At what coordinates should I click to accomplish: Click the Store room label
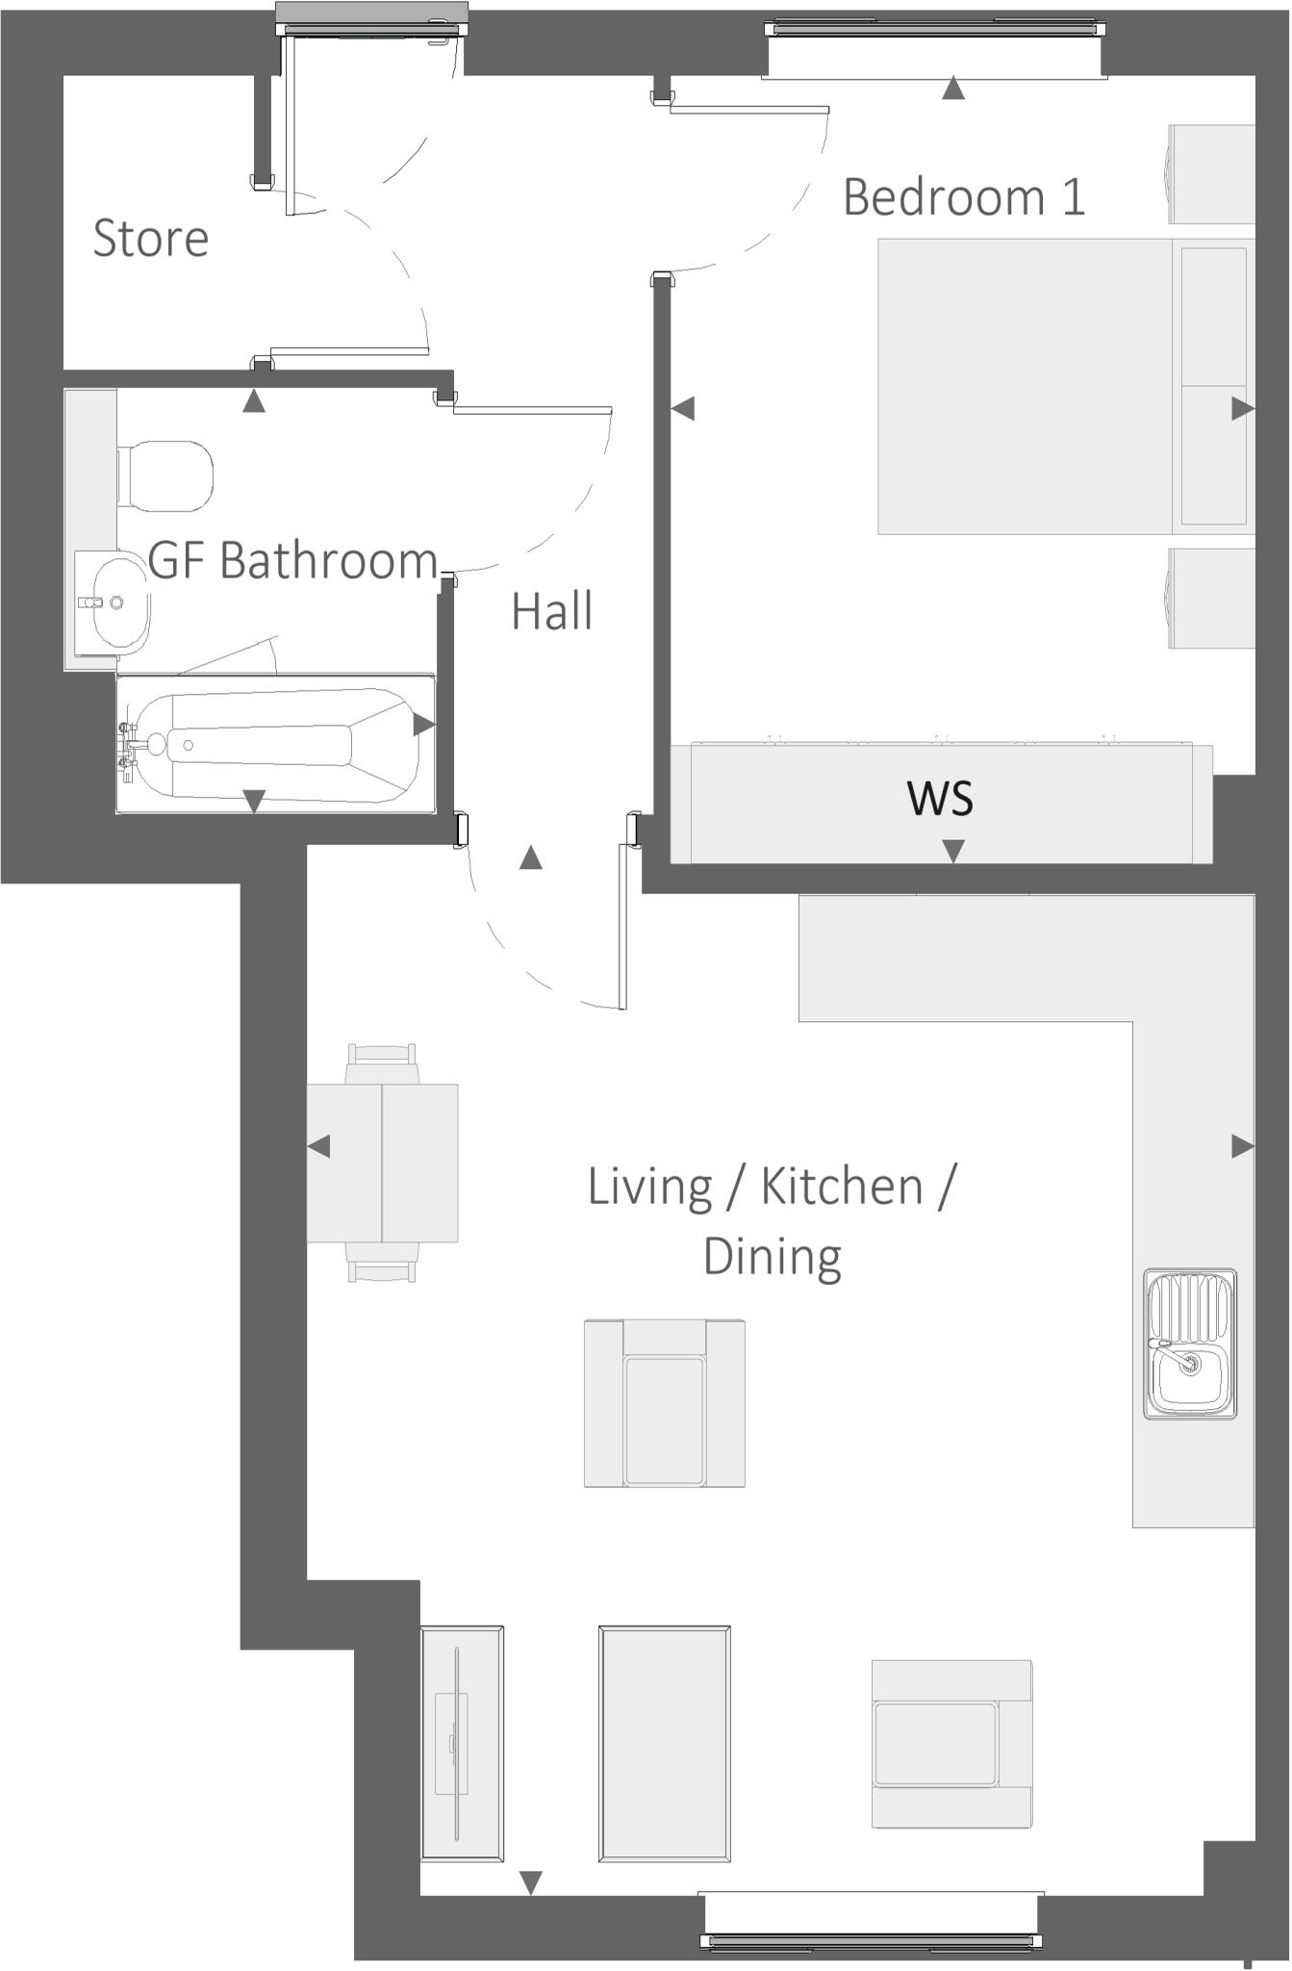click(150, 238)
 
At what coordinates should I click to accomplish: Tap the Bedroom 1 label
click(963, 196)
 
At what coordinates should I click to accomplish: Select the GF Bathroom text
click(292, 560)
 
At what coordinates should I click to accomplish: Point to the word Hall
click(551, 611)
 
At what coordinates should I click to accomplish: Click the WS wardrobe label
click(940, 798)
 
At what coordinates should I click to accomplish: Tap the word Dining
click(773, 1257)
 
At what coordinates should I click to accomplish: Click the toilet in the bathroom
click(165, 476)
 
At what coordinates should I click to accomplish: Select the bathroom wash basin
click(114, 602)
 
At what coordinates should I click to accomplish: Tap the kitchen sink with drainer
click(1190, 1344)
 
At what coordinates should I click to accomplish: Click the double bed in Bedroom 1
click(1025, 386)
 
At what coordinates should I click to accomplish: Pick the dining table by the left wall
click(382, 1163)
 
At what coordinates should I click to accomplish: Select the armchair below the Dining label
click(664, 1403)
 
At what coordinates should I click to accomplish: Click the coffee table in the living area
click(664, 1743)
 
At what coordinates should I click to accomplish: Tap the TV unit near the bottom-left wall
click(462, 1743)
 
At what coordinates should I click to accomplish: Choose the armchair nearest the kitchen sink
click(951, 1743)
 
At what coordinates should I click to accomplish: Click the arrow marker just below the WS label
click(952, 851)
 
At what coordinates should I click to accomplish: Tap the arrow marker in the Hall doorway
click(530, 858)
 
